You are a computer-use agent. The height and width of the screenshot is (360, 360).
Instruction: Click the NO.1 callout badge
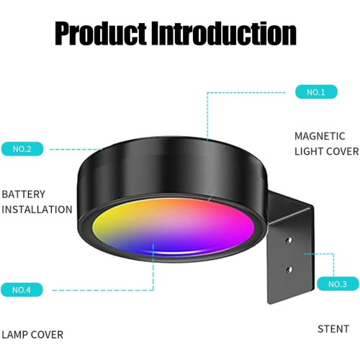tap(316, 92)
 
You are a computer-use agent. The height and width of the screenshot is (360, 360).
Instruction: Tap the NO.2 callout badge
tap(22, 149)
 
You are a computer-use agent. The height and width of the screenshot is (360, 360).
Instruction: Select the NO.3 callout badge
tap(338, 284)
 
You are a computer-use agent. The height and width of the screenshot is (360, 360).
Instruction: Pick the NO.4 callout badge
tap(22, 290)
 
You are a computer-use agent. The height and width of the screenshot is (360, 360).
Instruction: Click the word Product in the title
tap(101, 33)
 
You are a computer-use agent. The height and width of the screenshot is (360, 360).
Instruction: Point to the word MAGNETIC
tap(320, 136)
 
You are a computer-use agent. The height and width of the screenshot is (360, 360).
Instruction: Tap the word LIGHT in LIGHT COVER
tap(308, 151)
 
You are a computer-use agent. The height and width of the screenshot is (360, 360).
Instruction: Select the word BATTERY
tap(23, 194)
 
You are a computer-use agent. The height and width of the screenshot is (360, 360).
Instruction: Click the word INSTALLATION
tap(37, 210)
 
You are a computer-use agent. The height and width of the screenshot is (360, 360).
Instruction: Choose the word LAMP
tap(14, 335)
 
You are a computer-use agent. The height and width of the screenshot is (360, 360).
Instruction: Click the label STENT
tap(333, 329)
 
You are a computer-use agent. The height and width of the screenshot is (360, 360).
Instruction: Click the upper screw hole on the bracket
tap(289, 240)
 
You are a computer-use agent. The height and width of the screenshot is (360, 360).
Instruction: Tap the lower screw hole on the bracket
tap(289, 270)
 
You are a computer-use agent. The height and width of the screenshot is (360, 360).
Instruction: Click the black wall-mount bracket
tap(290, 247)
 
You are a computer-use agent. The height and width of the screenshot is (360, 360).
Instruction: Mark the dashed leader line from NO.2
tap(76, 149)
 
